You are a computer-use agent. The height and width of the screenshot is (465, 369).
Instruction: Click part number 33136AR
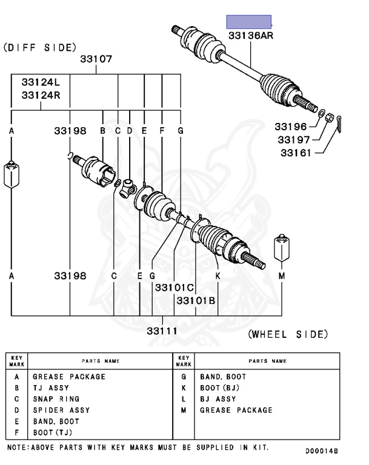[251, 36]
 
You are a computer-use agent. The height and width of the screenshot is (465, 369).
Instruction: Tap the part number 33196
[290, 127]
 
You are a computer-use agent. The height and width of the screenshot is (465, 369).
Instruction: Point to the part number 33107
[97, 60]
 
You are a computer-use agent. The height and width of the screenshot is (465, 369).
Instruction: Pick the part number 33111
[162, 331]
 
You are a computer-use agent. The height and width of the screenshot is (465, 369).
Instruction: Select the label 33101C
[174, 288]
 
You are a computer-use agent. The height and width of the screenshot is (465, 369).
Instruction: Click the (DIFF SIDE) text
[40, 47]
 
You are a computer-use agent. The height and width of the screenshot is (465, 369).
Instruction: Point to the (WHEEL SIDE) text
[288, 334]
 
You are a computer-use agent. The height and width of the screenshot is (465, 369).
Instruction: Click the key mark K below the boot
[218, 276]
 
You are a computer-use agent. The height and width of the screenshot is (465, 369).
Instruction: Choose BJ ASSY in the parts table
[218, 399]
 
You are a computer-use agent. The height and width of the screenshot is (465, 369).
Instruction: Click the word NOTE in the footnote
[19, 448]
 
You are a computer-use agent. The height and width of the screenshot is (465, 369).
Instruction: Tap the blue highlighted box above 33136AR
[248, 22]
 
